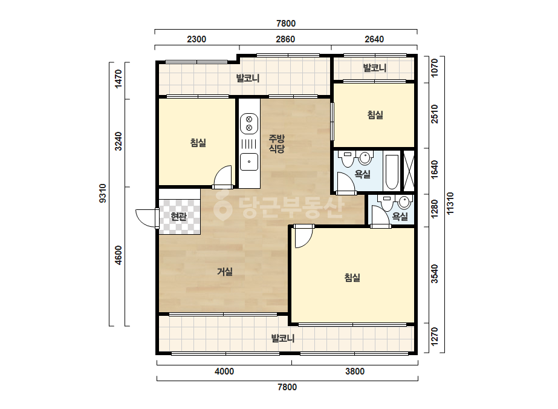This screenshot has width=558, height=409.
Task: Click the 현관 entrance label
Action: (179, 216)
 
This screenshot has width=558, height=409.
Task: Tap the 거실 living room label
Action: (225, 272)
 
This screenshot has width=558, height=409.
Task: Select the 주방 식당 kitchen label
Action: (276, 143)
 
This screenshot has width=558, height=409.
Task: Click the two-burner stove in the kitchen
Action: (249, 123)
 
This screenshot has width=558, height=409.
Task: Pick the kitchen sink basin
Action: (249, 162)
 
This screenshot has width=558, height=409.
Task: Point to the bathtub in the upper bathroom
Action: (392, 172)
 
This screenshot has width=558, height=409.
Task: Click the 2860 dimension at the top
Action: (285, 39)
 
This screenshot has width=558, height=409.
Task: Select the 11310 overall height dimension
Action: (450, 203)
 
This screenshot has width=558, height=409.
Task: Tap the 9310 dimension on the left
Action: (103, 194)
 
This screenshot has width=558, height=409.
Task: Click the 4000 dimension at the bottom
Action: (224, 371)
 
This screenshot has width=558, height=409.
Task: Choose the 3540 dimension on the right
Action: (435, 273)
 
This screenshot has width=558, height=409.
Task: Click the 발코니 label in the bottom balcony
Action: (283, 338)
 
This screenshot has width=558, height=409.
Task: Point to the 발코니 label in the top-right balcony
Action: (375, 68)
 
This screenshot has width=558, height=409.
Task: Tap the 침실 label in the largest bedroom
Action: (352, 278)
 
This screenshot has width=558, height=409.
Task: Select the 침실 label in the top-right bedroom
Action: (375, 115)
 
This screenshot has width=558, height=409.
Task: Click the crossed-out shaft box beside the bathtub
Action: (409, 171)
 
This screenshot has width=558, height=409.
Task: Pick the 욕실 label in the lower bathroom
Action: (400, 216)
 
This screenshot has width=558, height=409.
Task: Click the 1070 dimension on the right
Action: (435, 68)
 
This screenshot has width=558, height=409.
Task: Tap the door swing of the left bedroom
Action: (222, 176)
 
